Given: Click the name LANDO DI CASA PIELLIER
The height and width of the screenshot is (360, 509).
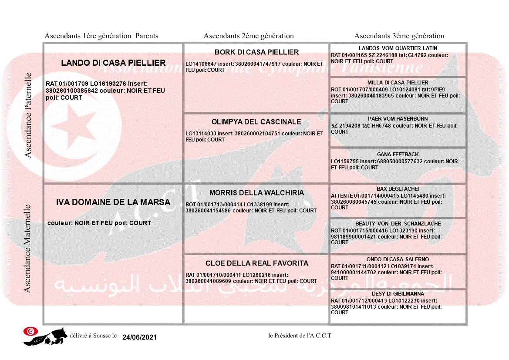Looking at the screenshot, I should coord(113,63).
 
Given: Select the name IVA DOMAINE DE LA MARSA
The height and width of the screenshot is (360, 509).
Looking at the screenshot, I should coord(113,202).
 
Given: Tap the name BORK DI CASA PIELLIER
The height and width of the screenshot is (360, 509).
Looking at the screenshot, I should coord(256,52).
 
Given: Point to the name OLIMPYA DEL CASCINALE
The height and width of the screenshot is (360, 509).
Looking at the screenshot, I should coord(256,122).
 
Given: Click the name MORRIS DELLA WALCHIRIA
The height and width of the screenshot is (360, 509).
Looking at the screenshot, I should coord(256,193).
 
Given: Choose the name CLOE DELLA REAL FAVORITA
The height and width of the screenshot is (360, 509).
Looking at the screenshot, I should coord(256,263).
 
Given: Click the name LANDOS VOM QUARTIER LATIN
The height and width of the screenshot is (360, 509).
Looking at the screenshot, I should coord(398,48).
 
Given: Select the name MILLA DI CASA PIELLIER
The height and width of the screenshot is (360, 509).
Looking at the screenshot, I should coord(398,83).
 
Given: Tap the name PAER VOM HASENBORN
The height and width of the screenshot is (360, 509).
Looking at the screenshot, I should coord(398,119).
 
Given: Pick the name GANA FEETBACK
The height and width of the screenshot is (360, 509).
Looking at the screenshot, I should coord(398,155).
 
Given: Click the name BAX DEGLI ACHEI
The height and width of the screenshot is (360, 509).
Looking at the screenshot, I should coord(398,189).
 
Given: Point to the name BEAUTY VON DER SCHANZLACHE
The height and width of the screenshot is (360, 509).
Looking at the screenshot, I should coord(398,224).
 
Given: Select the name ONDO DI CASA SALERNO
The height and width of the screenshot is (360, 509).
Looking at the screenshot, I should coord(398,259).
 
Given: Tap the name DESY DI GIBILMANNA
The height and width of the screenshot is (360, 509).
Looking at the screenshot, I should coord(398,294).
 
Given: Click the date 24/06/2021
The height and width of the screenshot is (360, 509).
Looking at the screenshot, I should coord(139,337).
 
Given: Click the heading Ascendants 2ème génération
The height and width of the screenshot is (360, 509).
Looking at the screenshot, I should coord(249,36).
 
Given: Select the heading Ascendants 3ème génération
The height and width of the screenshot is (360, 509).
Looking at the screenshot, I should coord(399,36).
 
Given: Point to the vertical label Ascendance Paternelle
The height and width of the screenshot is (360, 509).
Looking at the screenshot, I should coord(28,115).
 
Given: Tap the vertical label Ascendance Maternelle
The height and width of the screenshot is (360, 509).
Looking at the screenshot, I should coord(27,248).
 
